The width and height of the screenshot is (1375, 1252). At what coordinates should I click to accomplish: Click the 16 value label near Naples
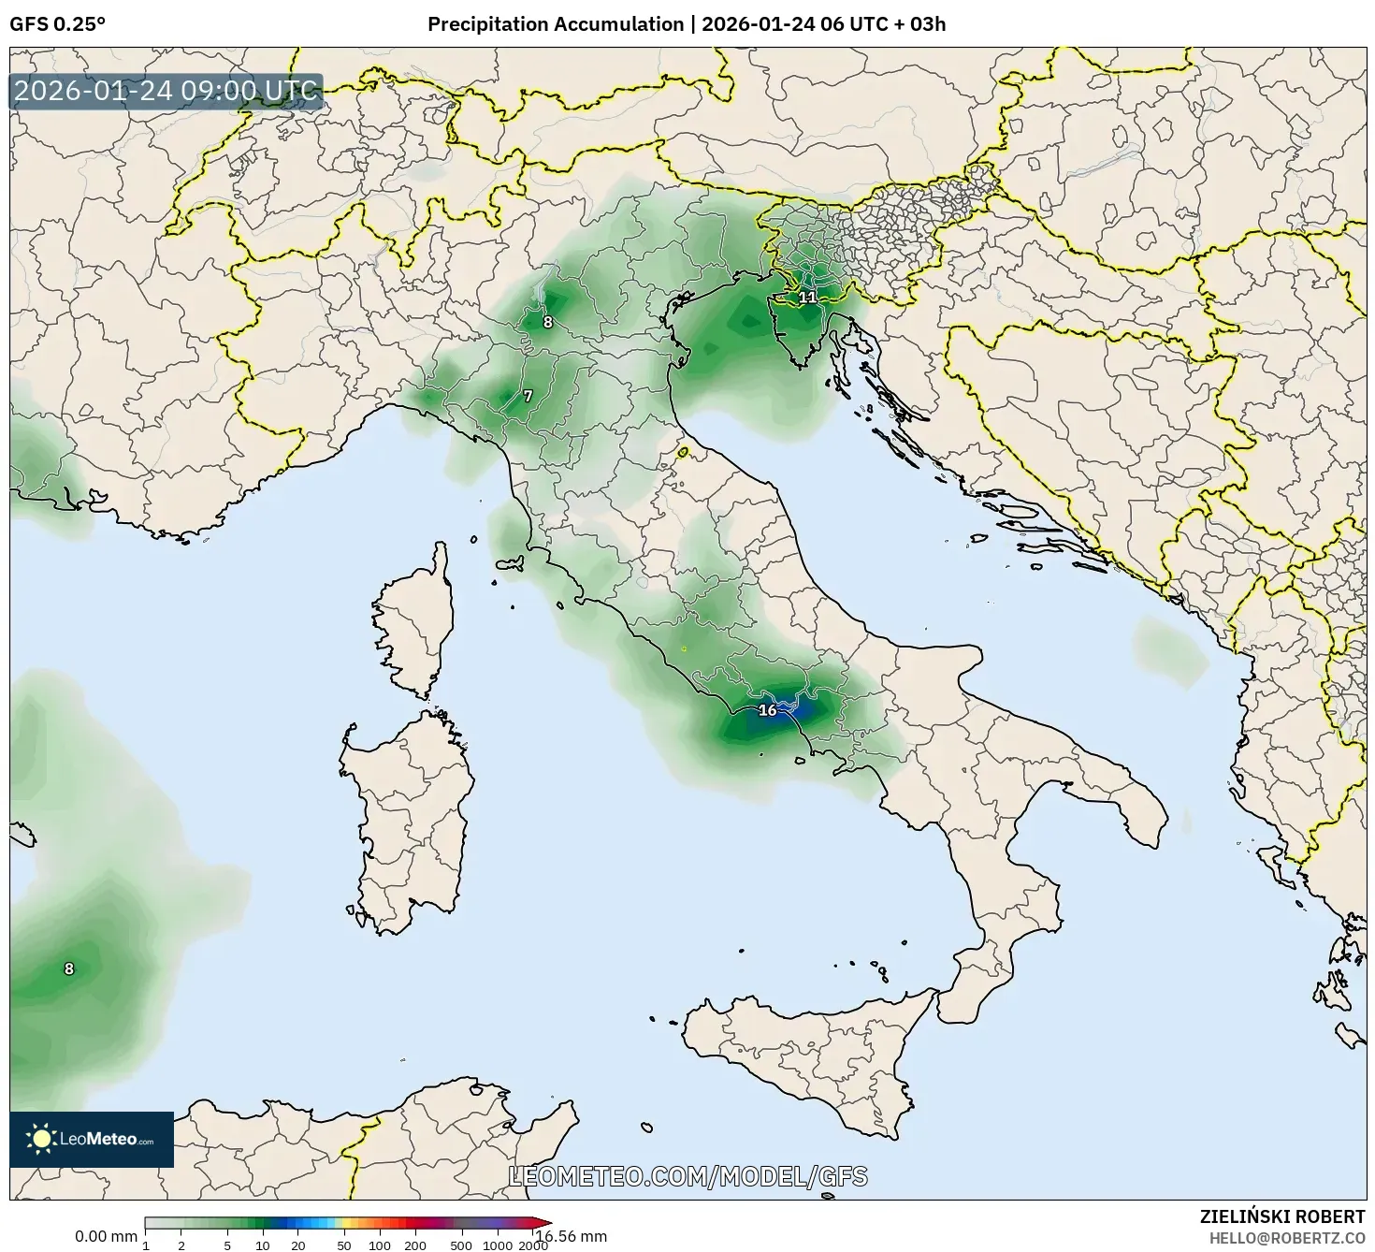(x=767, y=710)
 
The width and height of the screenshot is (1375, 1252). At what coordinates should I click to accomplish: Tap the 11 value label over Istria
(x=807, y=298)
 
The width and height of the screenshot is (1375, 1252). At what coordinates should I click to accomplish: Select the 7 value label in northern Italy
(x=528, y=397)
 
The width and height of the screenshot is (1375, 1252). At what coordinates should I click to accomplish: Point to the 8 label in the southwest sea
(x=68, y=969)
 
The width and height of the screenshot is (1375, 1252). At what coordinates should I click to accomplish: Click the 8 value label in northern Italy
(x=547, y=323)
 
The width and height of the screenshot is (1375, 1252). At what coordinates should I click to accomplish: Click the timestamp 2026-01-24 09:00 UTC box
(x=166, y=92)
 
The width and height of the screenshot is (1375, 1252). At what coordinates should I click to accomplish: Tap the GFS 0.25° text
(x=57, y=24)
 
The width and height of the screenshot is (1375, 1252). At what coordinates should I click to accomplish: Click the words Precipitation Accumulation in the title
(x=555, y=24)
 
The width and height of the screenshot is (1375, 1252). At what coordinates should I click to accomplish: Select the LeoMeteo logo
(x=92, y=1139)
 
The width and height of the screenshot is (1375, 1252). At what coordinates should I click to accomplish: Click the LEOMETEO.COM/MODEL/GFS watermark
(x=687, y=1176)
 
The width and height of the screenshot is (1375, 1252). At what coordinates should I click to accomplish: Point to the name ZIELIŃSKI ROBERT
(x=1281, y=1216)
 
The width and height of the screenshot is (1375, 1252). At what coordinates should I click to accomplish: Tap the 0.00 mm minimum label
(x=106, y=1236)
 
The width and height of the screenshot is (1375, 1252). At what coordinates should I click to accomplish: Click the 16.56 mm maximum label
(x=571, y=1236)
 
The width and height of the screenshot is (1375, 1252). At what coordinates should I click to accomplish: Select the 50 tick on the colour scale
(x=344, y=1245)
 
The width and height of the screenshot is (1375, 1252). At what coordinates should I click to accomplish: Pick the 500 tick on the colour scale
(x=461, y=1245)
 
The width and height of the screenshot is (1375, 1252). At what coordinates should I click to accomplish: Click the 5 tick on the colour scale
(x=227, y=1245)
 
